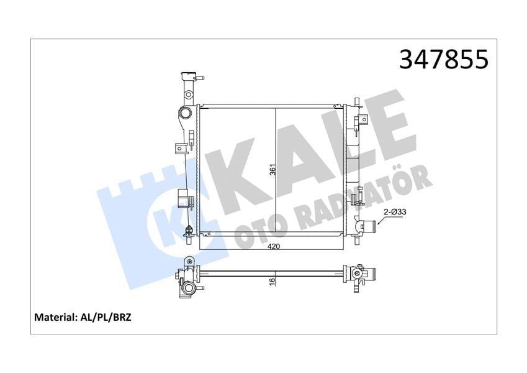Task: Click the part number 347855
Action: coord(443,59)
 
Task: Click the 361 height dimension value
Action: coord(273,169)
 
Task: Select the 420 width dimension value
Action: coord(274,246)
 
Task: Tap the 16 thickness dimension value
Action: coord(273,280)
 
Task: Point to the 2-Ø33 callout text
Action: coord(395,212)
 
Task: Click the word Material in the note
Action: coord(54,317)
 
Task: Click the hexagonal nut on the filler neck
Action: coord(188,94)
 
